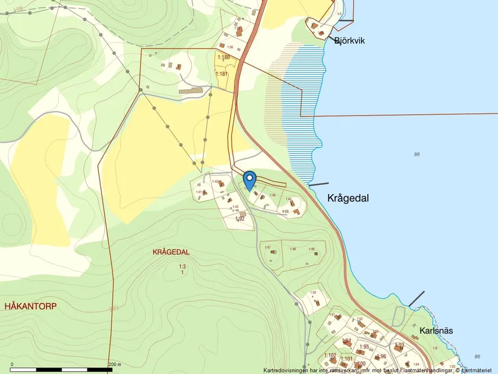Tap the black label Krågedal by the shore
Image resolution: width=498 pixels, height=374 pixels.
(x=348, y=198)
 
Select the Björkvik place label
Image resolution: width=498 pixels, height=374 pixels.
(x=350, y=40)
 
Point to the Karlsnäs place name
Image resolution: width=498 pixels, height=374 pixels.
(x=435, y=331)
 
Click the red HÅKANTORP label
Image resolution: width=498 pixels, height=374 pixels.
(x=30, y=306)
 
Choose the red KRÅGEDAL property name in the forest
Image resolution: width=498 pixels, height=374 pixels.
(x=171, y=252)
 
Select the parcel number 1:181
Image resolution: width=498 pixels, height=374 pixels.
(x=222, y=74)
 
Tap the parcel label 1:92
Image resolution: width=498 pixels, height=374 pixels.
(x=240, y=219)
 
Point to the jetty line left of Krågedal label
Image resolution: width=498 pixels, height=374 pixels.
(x=319, y=184)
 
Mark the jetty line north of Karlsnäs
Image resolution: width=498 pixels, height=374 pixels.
(x=417, y=298)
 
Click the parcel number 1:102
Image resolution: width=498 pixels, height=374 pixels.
(x=330, y=355)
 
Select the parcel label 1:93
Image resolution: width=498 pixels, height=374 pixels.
(x=399, y=345)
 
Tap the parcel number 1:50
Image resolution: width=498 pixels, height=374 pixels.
(x=313, y=293)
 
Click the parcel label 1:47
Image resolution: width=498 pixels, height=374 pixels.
(x=267, y=248)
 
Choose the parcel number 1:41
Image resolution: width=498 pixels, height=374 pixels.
(x=198, y=192)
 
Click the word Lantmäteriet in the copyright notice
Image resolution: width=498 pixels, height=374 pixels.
(x=479, y=370)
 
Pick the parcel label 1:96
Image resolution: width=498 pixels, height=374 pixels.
(x=381, y=356)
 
